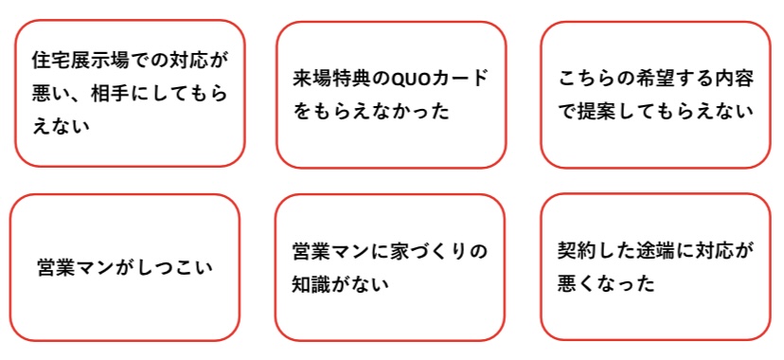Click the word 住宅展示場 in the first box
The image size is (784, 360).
click(x=79, y=59)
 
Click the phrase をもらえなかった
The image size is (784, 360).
click(x=370, y=111)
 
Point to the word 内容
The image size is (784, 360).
click(x=734, y=78)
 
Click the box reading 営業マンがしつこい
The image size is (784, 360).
click(x=124, y=267)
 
